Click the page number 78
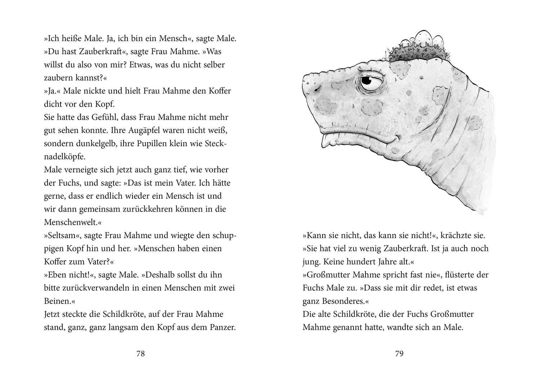click(140, 354)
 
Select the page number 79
click(399, 354)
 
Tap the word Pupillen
click(148, 143)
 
